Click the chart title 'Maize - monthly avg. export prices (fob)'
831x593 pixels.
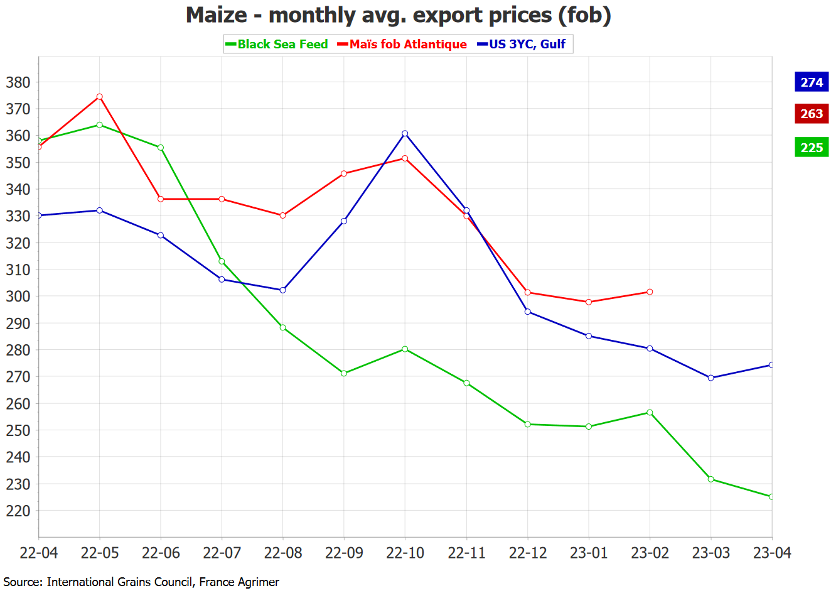[399, 14]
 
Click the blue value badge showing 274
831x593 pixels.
[811, 82]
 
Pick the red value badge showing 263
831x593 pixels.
[811, 114]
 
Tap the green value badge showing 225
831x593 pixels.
[811, 148]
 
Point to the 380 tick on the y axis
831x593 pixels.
[18, 82]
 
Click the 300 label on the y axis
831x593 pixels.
[18, 296]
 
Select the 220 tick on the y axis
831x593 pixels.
[18, 511]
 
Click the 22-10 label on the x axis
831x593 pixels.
[405, 553]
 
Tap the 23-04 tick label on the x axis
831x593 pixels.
[771, 553]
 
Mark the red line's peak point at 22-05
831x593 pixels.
[100, 97]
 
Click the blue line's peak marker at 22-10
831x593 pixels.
[405, 133]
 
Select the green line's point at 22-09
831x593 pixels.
[344, 373]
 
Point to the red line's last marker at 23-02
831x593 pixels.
[650, 292]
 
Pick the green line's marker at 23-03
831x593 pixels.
[710, 479]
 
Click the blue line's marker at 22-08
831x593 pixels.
[283, 290]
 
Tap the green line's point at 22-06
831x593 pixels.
[161, 148]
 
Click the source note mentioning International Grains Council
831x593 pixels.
[141, 582]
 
